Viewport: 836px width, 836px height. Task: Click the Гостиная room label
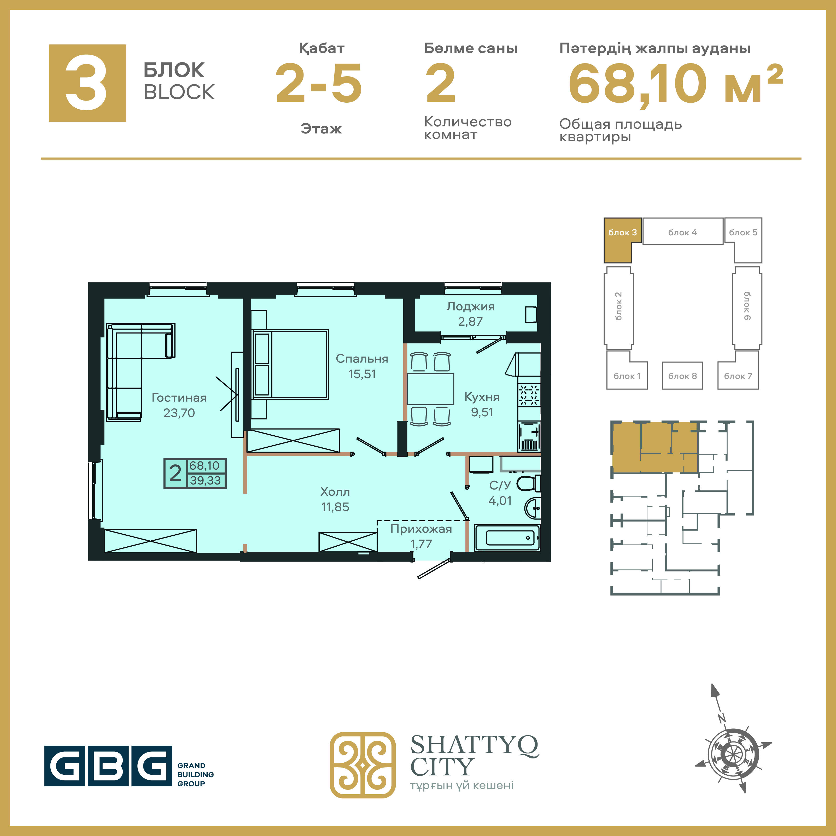click(x=179, y=398)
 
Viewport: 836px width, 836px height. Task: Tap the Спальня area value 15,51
click(x=362, y=374)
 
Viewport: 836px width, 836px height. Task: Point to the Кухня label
click(x=482, y=397)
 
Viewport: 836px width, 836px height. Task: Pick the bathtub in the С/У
click(x=507, y=538)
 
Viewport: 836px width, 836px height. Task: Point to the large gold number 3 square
click(x=87, y=83)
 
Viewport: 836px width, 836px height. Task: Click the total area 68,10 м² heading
click(x=675, y=84)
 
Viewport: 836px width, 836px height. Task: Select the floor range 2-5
click(x=318, y=83)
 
